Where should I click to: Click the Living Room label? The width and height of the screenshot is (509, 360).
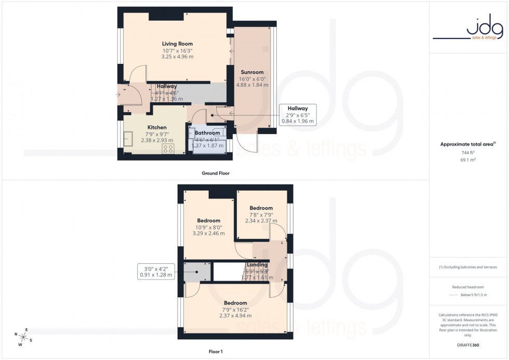(x=177, y=44)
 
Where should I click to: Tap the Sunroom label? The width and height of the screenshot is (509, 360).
(x=252, y=72)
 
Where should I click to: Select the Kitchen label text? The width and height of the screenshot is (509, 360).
(x=157, y=127)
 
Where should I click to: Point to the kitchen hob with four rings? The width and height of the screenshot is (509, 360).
(x=169, y=148)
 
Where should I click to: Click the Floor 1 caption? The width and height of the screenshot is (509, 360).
(x=216, y=352)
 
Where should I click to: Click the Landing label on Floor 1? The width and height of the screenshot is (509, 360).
(x=257, y=265)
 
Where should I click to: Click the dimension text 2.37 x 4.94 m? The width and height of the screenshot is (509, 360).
(x=235, y=315)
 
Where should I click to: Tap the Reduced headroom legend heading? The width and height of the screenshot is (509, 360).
(x=468, y=287)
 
